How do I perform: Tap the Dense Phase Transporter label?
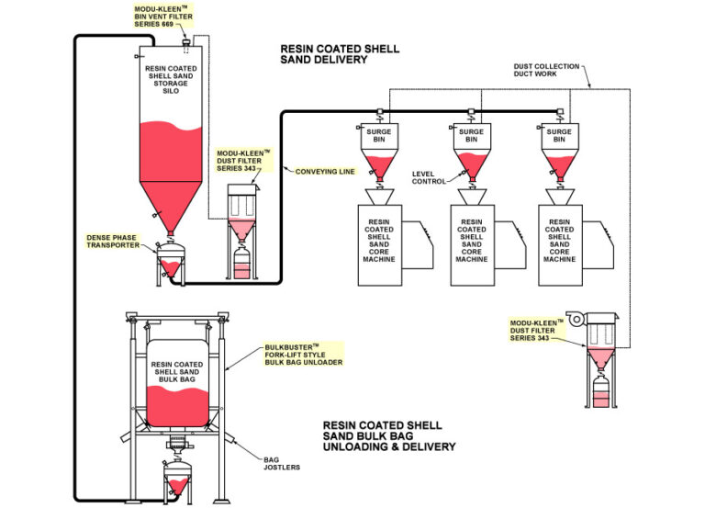coord(113,240)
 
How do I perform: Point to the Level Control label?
coord(429,176)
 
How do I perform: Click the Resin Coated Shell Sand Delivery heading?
coord(340,54)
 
